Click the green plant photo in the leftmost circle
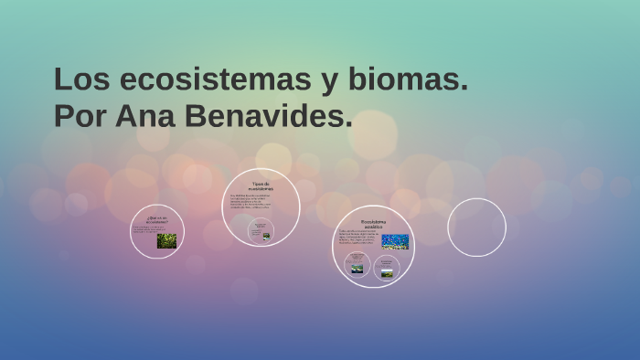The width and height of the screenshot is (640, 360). pos(166,241)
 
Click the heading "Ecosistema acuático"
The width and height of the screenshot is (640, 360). pos(373,224)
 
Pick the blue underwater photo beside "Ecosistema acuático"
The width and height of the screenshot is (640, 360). pos(395,241)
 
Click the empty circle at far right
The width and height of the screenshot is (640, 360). pos(476,228)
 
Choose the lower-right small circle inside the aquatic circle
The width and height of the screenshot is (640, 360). pos(387,268)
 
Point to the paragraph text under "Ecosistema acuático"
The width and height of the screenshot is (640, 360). pos(358,238)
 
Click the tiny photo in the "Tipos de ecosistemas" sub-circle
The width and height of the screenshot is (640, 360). pos(266,236)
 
